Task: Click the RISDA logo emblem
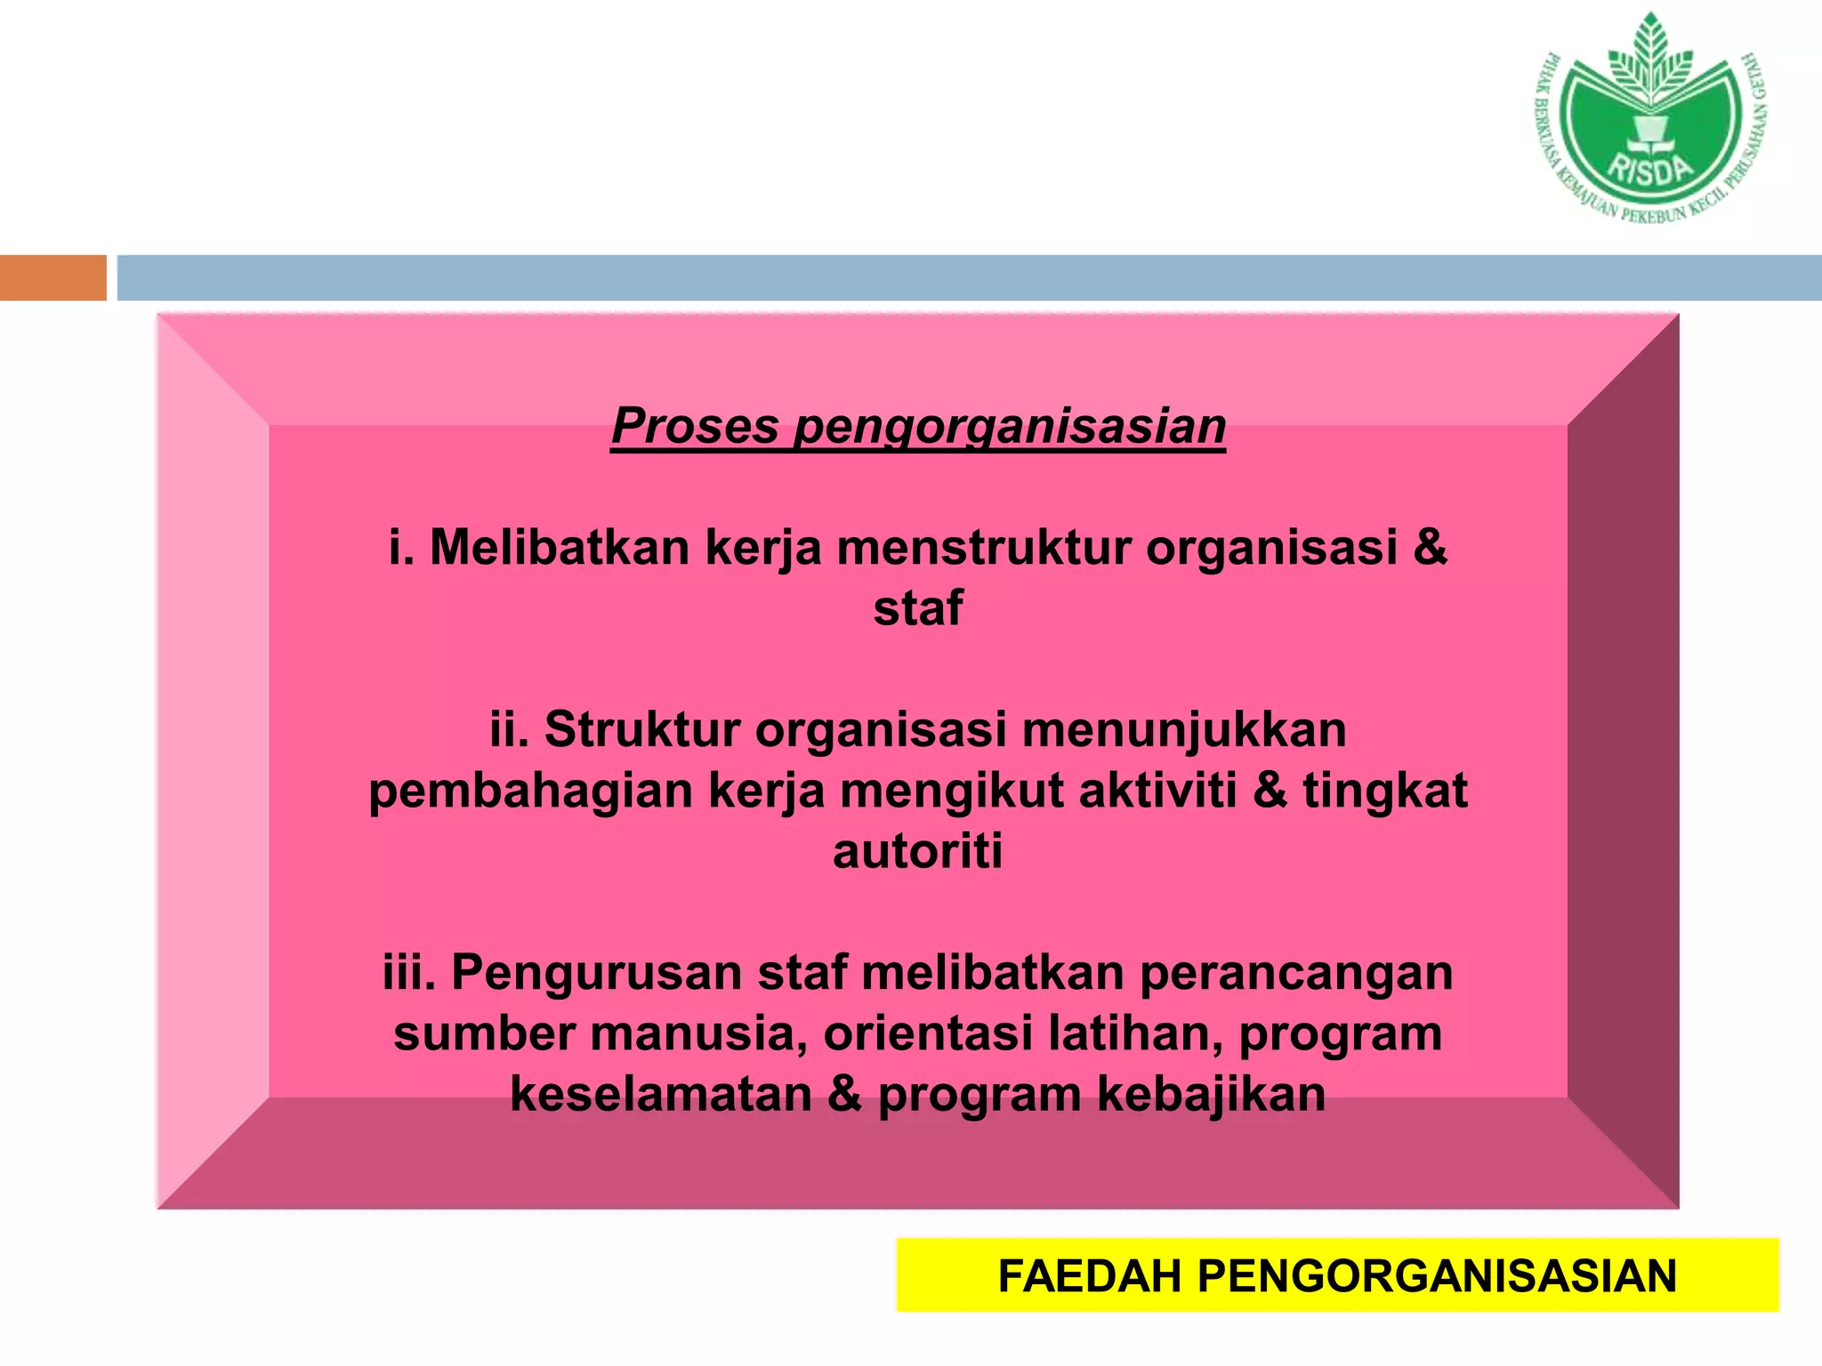(1651, 120)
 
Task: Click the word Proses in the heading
(695, 426)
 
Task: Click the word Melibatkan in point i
(560, 547)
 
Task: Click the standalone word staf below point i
(917, 608)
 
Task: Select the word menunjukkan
(1184, 729)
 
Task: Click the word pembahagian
(531, 791)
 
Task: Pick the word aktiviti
(1157, 790)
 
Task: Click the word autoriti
(917, 851)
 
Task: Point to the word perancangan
(1296, 972)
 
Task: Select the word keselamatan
(661, 1095)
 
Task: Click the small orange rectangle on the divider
(53, 277)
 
